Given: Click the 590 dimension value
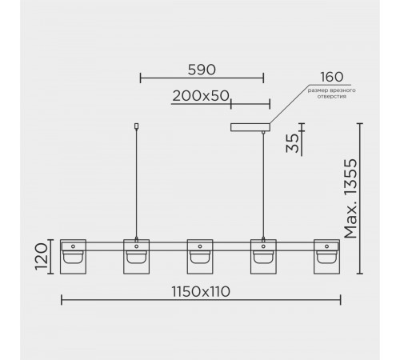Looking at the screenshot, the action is (x=202, y=70).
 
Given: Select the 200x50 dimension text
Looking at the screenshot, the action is (x=201, y=96).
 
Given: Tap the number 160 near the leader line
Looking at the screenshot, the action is (x=331, y=77).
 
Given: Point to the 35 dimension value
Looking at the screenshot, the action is (x=293, y=143).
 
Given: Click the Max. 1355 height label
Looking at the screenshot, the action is (x=350, y=198).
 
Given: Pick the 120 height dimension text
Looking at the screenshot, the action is (x=42, y=256).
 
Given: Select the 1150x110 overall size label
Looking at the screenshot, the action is (x=201, y=291).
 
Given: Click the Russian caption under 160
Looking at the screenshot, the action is (x=331, y=94).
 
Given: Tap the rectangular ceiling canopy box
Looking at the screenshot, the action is (x=250, y=127).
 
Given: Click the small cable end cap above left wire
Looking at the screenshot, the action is (x=137, y=126).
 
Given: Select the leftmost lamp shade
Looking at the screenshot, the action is (x=73, y=257).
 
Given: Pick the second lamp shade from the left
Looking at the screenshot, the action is (x=137, y=257).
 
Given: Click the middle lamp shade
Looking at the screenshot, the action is (x=200, y=257).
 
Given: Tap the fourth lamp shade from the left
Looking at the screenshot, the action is (x=263, y=257).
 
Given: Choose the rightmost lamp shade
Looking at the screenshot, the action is (x=327, y=257).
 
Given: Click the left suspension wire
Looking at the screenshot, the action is (x=137, y=183).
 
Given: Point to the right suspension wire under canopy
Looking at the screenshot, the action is (x=263, y=186).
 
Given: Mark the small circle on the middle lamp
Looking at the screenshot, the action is (x=200, y=246).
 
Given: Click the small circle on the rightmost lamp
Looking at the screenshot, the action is (x=327, y=246).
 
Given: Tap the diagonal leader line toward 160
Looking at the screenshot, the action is (x=289, y=104).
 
